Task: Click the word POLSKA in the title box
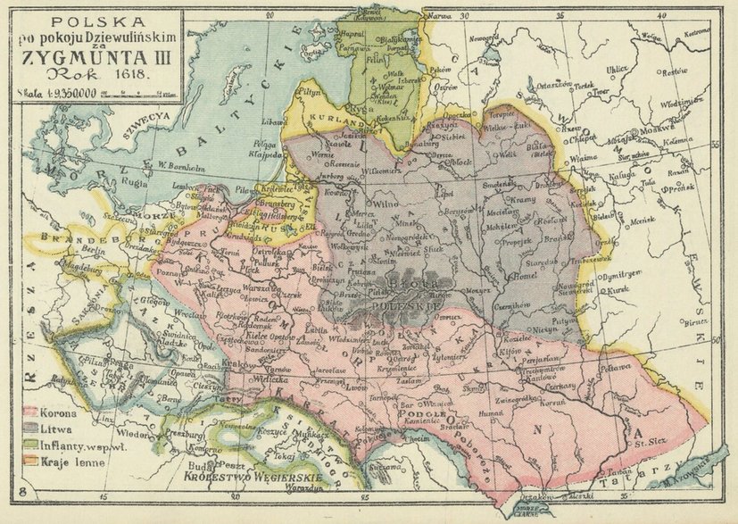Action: [93, 19]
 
